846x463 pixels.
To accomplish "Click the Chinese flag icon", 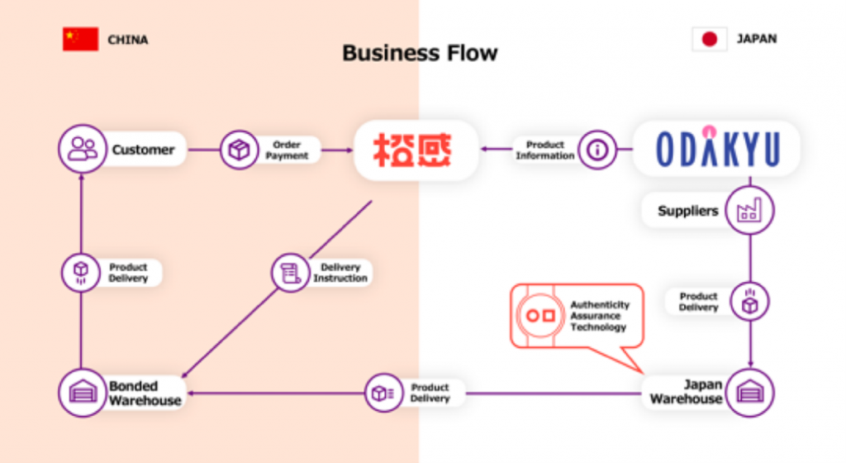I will (80, 39).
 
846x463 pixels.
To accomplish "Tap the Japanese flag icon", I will (709, 39).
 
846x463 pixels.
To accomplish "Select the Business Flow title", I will (420, 54).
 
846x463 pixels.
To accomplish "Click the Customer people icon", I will (83, 150).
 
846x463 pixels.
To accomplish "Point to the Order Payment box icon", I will (240, 150).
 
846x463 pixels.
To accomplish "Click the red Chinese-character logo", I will (416, 150).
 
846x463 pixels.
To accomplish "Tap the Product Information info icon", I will (596, 150).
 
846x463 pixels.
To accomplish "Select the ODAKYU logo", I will (717, 150).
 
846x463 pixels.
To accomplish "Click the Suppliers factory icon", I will (749, 211).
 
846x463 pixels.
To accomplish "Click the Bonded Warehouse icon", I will (83, 392).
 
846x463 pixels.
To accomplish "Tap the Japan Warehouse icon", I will (749, 392).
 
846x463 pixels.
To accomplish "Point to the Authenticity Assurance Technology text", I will (599, 316).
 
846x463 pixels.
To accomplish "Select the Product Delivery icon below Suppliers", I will (749, 302).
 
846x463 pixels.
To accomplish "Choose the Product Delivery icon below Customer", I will (81, 273).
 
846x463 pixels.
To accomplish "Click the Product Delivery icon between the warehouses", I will (383, 393).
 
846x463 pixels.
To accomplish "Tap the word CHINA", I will (128, 39).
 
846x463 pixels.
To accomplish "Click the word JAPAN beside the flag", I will (756, 39).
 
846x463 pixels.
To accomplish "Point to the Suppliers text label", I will (687, 211).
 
